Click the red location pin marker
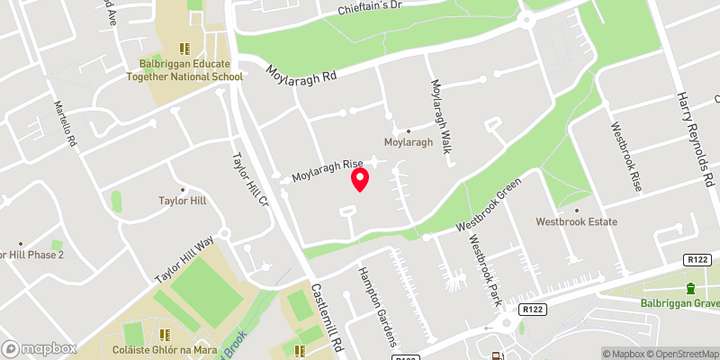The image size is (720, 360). tap(360, 179)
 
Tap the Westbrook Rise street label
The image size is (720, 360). tap(626, 156)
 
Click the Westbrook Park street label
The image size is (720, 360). tap(484, 268)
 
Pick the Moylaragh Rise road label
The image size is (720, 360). tap(319, 175)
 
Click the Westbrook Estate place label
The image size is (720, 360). tap(574, 220)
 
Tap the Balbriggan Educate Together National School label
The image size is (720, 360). tap(185, 70)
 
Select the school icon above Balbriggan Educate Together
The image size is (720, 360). tap(185, 49)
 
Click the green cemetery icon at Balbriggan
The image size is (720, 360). tap(691, 288)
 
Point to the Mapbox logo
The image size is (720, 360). tap(40, 348)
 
